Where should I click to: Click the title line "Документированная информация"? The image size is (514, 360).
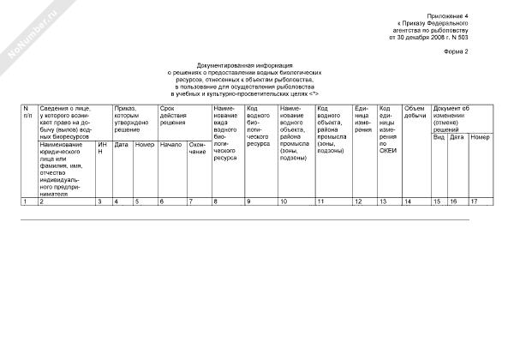pyautogui.click(x=245, y=65)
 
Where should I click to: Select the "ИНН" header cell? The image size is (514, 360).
pyautogui.click(x=103, y=148)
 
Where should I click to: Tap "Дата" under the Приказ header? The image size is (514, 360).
pyautogui.click(x=122, y=144)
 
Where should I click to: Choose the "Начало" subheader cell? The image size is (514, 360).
pyautogui.click(x=170, y=144)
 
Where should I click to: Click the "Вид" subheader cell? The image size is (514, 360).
pyautogui.click(x=438, y=137)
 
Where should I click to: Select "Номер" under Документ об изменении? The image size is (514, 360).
pyautogui.click(x=480, y=137)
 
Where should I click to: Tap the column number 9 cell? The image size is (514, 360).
pyautogui.click(x=248, y=201)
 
